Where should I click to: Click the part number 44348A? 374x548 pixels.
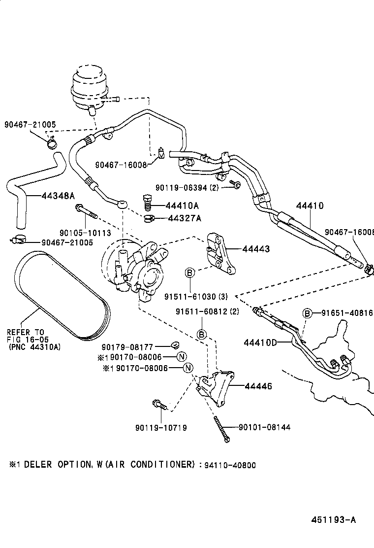click(58, 196)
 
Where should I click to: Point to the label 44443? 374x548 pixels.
click(255, 250)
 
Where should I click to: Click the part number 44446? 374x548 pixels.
click(258, 387)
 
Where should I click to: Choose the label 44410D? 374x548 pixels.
click(259, 342)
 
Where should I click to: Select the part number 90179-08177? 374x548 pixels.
click(139, 347)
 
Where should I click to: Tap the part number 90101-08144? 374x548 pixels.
click(264, 427)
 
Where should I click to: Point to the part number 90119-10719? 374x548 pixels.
click(161, 427)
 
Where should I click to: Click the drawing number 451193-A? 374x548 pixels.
click(333, 520)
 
